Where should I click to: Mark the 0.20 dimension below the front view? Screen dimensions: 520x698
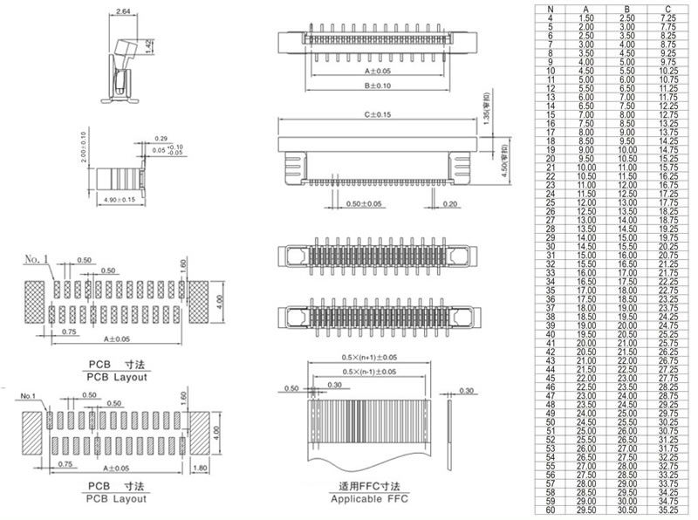click(450, 204)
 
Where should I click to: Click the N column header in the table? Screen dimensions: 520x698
click(550, 8)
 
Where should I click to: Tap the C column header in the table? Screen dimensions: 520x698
click(669, 8)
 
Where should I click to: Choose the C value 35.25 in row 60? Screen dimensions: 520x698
click(669, 511)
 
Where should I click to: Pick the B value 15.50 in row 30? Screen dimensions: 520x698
click(628, 247)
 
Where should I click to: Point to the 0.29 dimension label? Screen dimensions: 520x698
click(161, 140)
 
